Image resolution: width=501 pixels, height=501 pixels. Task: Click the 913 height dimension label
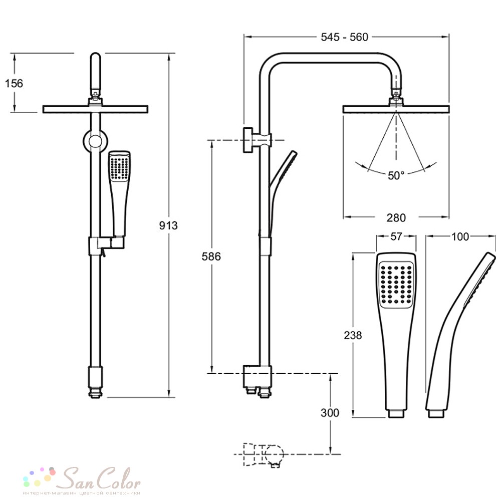click(168, 225)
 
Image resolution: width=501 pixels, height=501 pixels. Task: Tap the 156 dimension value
click(14, 83)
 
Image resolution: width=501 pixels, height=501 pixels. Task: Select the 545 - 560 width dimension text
click(345, 37)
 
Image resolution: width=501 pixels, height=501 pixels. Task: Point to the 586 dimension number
click(211, 256)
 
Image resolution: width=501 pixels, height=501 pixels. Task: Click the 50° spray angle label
click(396, 175)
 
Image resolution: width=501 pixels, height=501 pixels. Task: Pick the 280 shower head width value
click(396, 217)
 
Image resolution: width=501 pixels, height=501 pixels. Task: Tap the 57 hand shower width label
click(396, 236)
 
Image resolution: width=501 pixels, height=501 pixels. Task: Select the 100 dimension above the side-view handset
click(460, 237)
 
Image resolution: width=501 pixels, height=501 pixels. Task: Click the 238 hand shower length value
click(353, 335)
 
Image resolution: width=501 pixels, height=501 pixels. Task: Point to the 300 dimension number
click(330, 413)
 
